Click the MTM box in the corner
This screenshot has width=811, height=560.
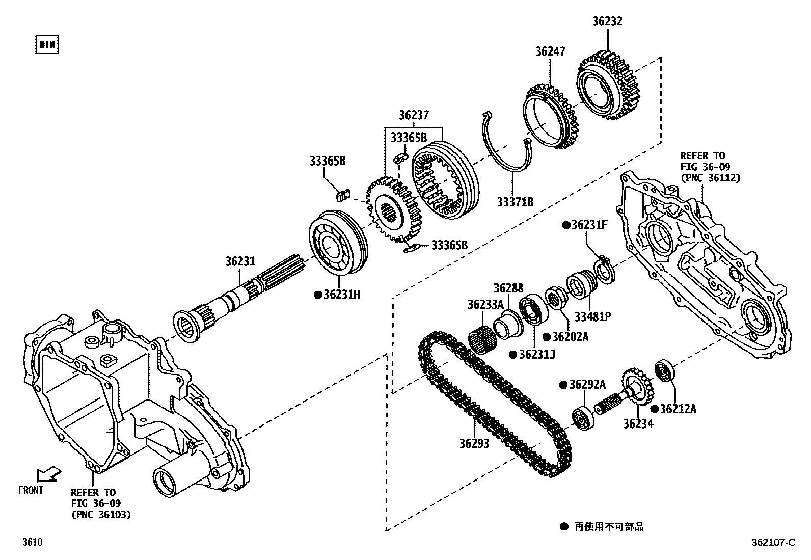pyautogui.click(x=47, y=45)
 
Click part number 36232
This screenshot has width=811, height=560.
pyautogui.click(x=607, y=21)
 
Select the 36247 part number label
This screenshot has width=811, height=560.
pyautogui.click(x=550, y=51)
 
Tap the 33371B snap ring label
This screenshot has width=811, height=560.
pyautogui.click(x=515, y=202)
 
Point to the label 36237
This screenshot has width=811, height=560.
pyautogui.click(x=413, y=115)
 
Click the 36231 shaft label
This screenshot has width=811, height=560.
pyautogui.click(x=240, y=261)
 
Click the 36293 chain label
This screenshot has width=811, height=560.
pyautogui.click(x=474, y=443)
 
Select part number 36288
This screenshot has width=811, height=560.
pyautogui.click(x=508, y=288)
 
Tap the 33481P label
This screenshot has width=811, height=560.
pyautogui.click(x=592, y=316)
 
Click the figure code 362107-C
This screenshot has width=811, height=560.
pyautogui.click(x=772, y=542)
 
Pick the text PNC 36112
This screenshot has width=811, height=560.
pyautogui.click(x=710, y=178)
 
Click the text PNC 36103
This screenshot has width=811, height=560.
pyautogui.click(x=101, y=515)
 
